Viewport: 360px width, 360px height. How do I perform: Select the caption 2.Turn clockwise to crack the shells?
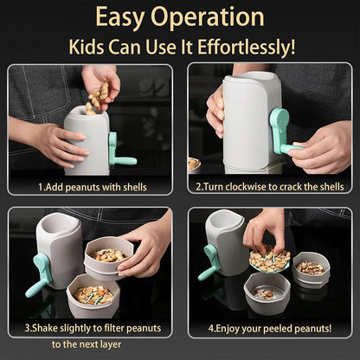coord(269,185)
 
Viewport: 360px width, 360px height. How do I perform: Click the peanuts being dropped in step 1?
coord(100,95)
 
